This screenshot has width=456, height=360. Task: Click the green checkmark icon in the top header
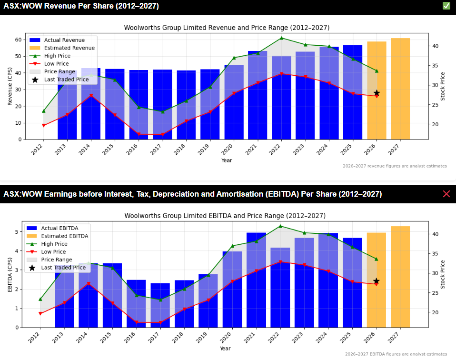446,6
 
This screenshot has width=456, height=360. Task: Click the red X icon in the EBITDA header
446,194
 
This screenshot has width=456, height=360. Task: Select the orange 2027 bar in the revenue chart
400,89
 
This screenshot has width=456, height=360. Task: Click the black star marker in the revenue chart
377,93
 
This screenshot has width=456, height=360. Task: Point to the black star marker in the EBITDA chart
377,281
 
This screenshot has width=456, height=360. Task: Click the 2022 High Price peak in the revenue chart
281,38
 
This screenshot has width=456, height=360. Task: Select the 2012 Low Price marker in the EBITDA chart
40,313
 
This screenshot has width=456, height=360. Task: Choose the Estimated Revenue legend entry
69,48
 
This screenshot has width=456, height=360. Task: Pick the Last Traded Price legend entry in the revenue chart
66,80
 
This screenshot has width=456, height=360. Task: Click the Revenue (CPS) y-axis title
10,87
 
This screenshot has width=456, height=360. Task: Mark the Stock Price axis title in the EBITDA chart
443,274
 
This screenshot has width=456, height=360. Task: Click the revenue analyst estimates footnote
395,166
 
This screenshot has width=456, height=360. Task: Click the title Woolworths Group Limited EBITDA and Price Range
225,216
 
